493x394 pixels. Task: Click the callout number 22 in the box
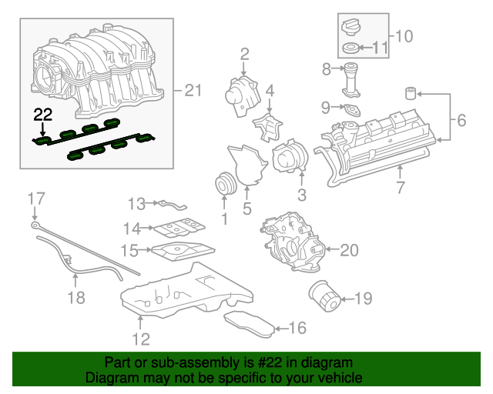[x=42, y=115]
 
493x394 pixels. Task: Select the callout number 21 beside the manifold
[x=191, y=92]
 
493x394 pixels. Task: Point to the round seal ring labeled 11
[x=350, y=51]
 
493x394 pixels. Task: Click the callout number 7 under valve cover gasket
[x=400, y=187]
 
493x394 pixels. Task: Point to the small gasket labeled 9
[x=352, y=109]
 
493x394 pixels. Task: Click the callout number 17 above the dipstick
[x=32, y=199]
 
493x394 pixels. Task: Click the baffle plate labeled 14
[x=176, y=227]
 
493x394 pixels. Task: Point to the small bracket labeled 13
[x=173, y=204]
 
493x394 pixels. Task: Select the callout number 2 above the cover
[x=244, y=54]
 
